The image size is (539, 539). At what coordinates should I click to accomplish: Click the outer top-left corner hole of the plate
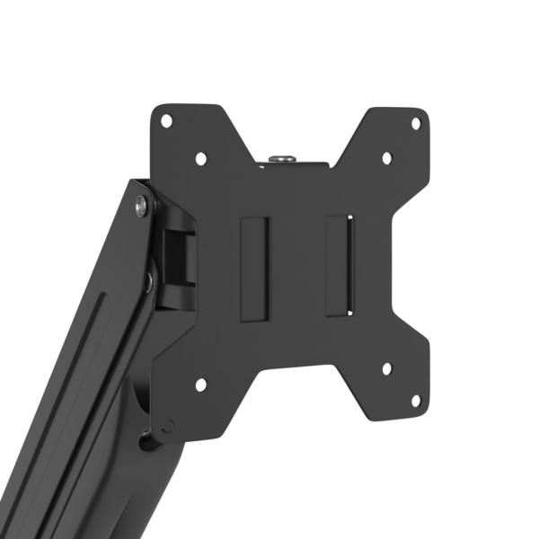[165, 120]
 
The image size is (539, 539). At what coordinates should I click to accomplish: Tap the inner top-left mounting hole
[200, 158]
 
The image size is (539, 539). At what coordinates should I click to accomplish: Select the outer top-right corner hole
[416, 122]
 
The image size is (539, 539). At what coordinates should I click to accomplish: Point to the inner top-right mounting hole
[386, 158]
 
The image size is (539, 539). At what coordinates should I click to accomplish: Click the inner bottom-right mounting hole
[386, 368]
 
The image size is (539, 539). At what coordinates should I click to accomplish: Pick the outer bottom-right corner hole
[416, 400]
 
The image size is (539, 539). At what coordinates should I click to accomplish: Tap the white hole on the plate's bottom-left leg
[200, 384]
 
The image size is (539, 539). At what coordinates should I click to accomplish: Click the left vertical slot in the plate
[254, 267]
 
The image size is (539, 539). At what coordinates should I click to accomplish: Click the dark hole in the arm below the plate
[146, 441]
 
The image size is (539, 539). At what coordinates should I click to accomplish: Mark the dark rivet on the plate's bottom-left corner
[167, 428]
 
